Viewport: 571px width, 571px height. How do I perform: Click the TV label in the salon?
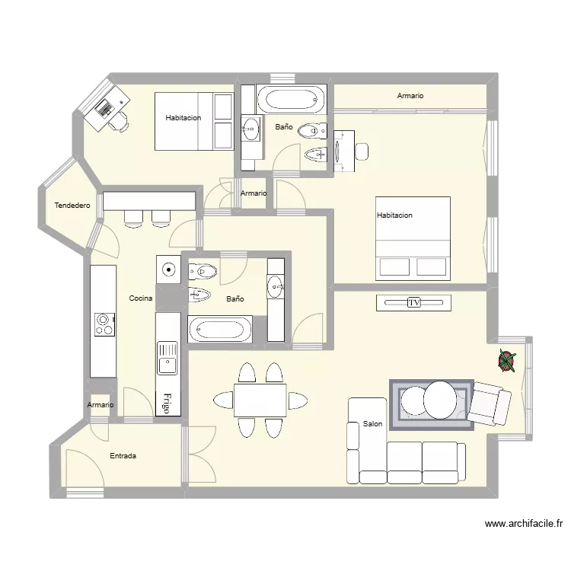click(413, 302)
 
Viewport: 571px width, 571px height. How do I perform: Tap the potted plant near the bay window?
click(506, 361)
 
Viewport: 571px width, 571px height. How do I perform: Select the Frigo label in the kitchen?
click(167, 404)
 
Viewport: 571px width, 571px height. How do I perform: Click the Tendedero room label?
click(72, 206)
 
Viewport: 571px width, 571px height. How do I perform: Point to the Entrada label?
click(123, 456)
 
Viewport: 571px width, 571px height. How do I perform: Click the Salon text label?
click(372, 424)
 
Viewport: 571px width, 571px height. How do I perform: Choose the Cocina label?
click(141, 298)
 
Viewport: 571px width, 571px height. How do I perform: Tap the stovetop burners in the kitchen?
click(105, 324)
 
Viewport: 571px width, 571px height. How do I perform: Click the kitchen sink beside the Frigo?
click(167, 359)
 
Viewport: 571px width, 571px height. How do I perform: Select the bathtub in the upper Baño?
click(292, 99)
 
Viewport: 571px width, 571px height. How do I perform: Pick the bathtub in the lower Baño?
click(219, 329)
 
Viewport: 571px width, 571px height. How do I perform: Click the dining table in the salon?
click(260, 400)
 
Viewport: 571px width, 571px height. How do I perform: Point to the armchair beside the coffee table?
click(489, 403)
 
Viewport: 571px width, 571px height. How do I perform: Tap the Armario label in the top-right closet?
click(410, 96)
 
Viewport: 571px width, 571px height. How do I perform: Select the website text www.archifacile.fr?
click(524, 524)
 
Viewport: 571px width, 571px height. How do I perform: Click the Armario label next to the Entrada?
click(100, 405)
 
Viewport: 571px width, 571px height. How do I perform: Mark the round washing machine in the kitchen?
click(168, 270)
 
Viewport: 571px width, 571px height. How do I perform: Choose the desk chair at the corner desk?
click(119, 122)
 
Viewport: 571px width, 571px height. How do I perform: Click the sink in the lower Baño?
click(276, 285)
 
